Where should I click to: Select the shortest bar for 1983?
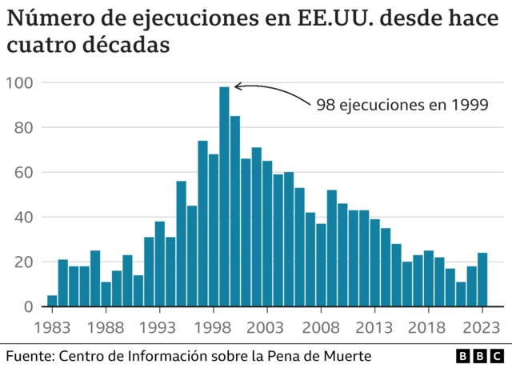[x=52, y=302]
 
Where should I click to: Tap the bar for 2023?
[x=482, y=280]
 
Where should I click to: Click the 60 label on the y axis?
[x=23, y=172]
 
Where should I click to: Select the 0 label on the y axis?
[x=27, y=307]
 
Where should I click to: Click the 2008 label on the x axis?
[x=321, y=328]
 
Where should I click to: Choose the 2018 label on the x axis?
[x=429, y=328]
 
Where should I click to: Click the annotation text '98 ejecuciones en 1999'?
[x=402, y=104]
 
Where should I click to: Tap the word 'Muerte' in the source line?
[x=348, y=354]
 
